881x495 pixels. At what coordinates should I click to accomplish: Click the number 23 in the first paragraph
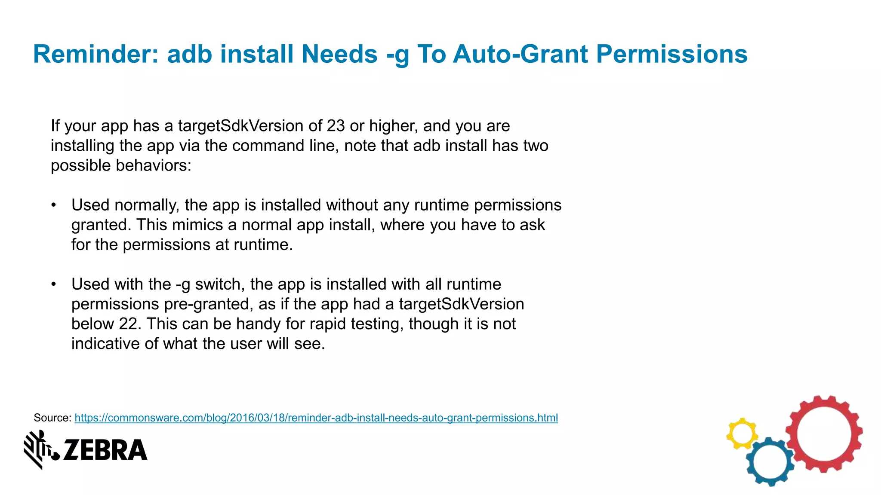click(336, 126)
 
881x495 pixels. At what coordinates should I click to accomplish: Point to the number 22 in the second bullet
click(128, 324)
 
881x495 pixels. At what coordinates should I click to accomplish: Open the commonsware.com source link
click(316, 418)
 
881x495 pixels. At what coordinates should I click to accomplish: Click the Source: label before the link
click(52, 418)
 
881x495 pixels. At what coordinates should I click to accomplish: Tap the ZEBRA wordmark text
click(105, 450)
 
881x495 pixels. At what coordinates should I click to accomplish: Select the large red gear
click(824, 434)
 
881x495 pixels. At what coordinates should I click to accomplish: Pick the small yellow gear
click(742, 434)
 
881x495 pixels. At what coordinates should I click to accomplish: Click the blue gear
click(770, 462)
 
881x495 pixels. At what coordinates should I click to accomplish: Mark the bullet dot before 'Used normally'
click(53, 205)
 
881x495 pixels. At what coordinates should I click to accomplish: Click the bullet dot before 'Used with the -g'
click(53, 284)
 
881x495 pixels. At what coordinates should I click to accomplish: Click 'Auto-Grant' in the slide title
click(520, 55)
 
